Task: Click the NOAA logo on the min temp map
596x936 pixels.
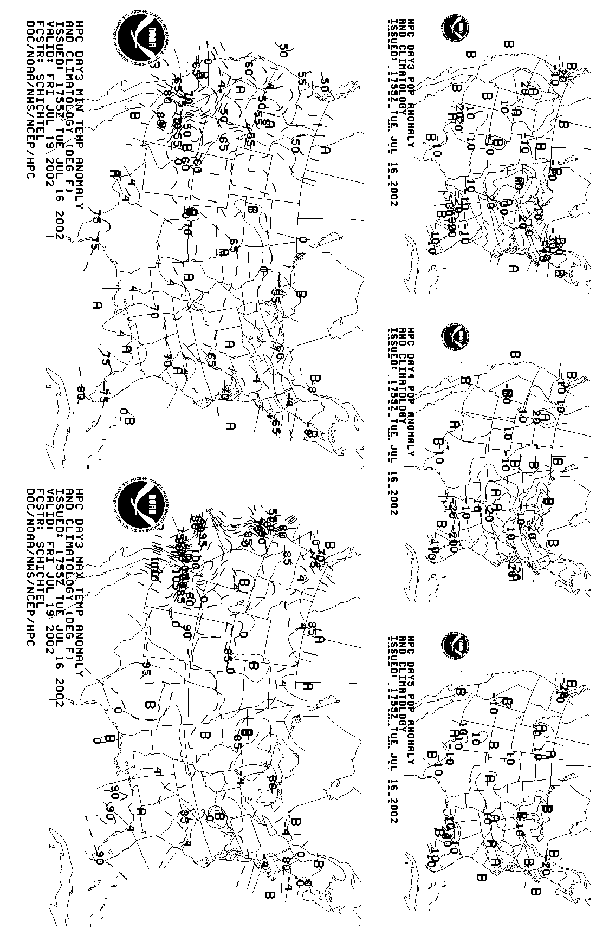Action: pyautogui.click(x=142, y=38)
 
